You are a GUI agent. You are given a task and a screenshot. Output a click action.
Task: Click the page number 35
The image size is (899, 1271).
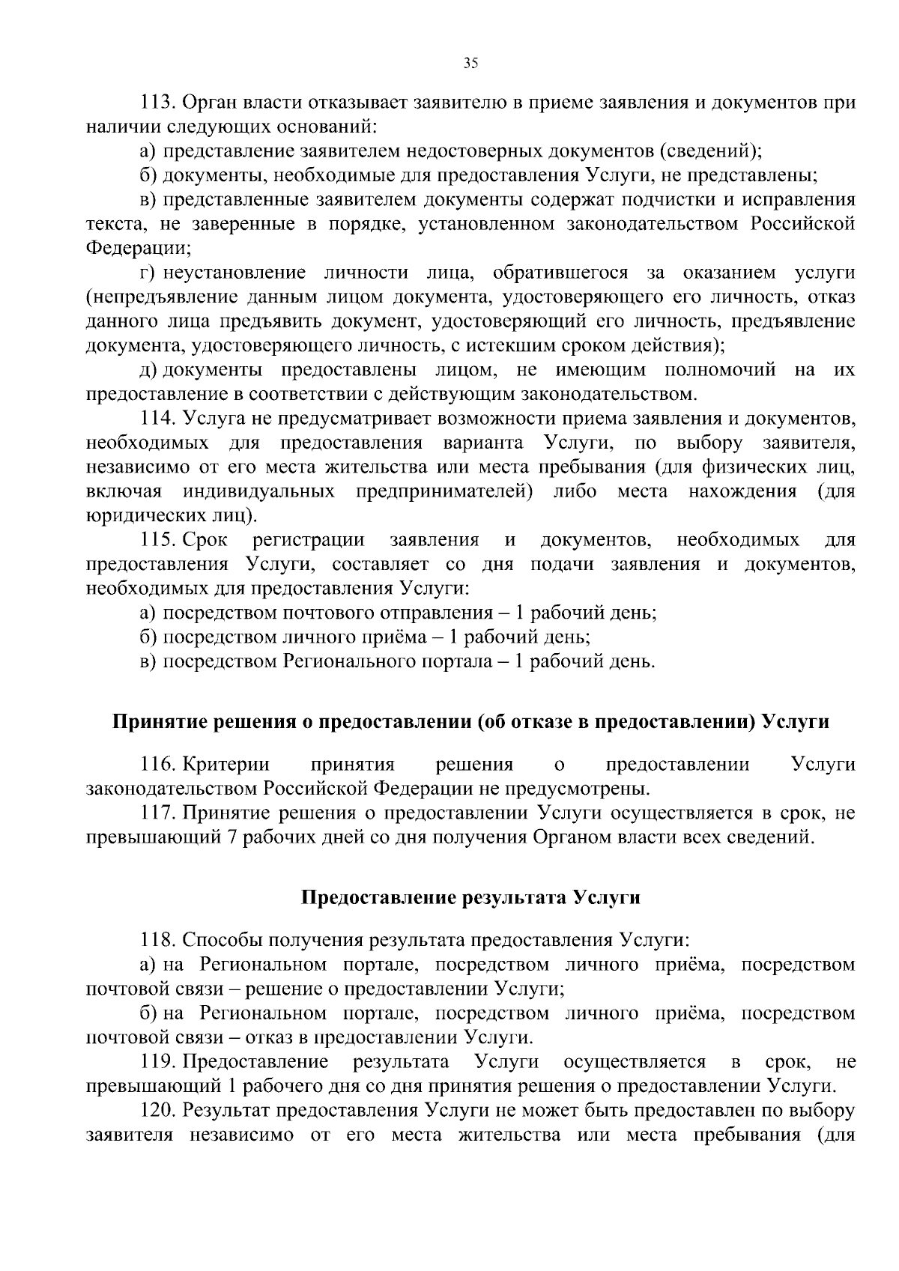click(x=470, y=64)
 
